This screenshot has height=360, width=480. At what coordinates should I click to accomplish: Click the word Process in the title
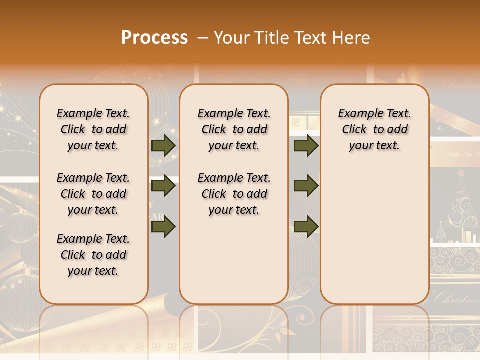tap(154, 38)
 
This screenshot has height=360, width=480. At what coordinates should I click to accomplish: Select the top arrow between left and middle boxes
tap(163, 145)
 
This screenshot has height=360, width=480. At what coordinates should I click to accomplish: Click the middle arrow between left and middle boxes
tap(163, 186)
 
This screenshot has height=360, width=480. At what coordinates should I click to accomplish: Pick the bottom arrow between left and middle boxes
tap(163, 226)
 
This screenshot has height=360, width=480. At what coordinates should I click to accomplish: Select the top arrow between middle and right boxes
tap(306, 145)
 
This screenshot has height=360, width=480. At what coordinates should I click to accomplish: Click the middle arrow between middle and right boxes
tap(306, 186)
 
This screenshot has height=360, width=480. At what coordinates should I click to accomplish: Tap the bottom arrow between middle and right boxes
tap(306, 226)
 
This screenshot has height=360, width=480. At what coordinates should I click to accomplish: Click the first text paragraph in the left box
tap(93, 129)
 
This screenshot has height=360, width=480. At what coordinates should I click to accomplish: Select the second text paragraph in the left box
tap(93, 194)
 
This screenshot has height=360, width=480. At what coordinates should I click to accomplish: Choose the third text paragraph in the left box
tap(93, 255)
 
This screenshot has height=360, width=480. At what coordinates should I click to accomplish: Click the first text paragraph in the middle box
tap(234, 129)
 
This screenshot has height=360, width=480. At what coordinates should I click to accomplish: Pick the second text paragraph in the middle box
tap(234, 194)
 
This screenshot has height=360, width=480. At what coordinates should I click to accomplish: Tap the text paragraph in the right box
tap(375, 129)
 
